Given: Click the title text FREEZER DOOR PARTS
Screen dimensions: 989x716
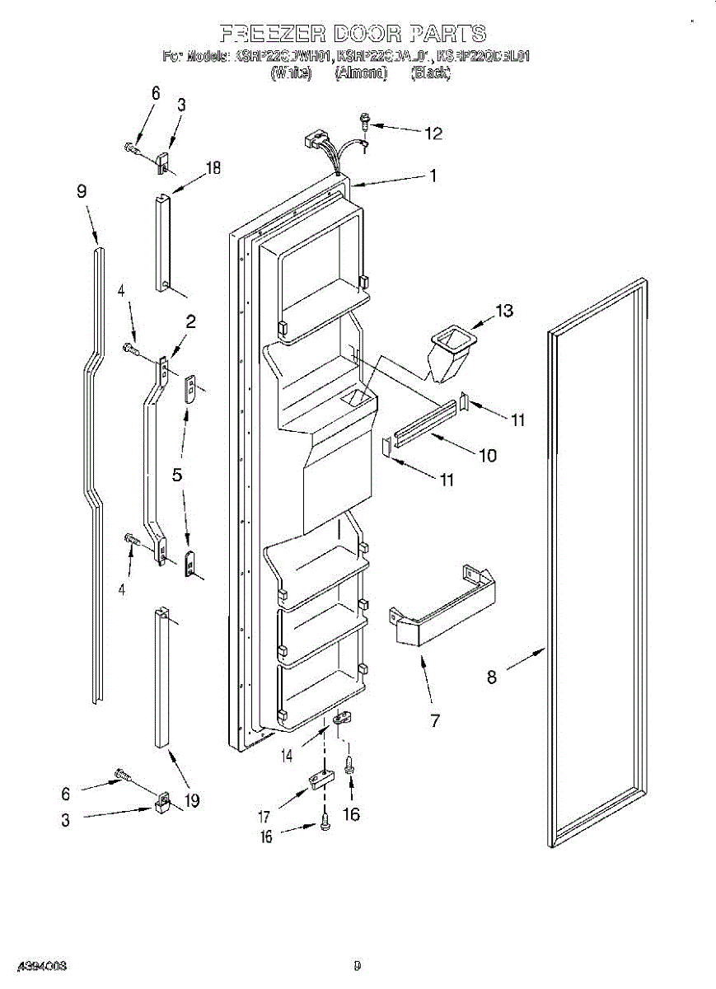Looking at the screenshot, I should [353, 34].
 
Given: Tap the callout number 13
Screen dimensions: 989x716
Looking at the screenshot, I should [504, 311].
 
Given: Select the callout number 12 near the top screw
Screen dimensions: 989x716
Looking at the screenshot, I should [433, 133].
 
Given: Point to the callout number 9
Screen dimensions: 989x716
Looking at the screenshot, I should [82, 191].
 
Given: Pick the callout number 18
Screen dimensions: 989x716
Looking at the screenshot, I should [213, 169].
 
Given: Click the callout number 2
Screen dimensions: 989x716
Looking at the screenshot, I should [190, 322].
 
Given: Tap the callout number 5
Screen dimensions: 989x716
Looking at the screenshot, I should [177, 476].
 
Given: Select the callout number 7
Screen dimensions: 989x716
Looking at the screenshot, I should [434, 721].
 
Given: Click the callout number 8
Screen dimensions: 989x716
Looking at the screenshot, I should [492, 677].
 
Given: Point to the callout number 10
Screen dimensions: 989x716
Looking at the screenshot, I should [487, 454].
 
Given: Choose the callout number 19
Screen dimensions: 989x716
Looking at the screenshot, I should [191, 799].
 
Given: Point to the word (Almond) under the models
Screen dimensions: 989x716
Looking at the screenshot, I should [361, 73].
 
